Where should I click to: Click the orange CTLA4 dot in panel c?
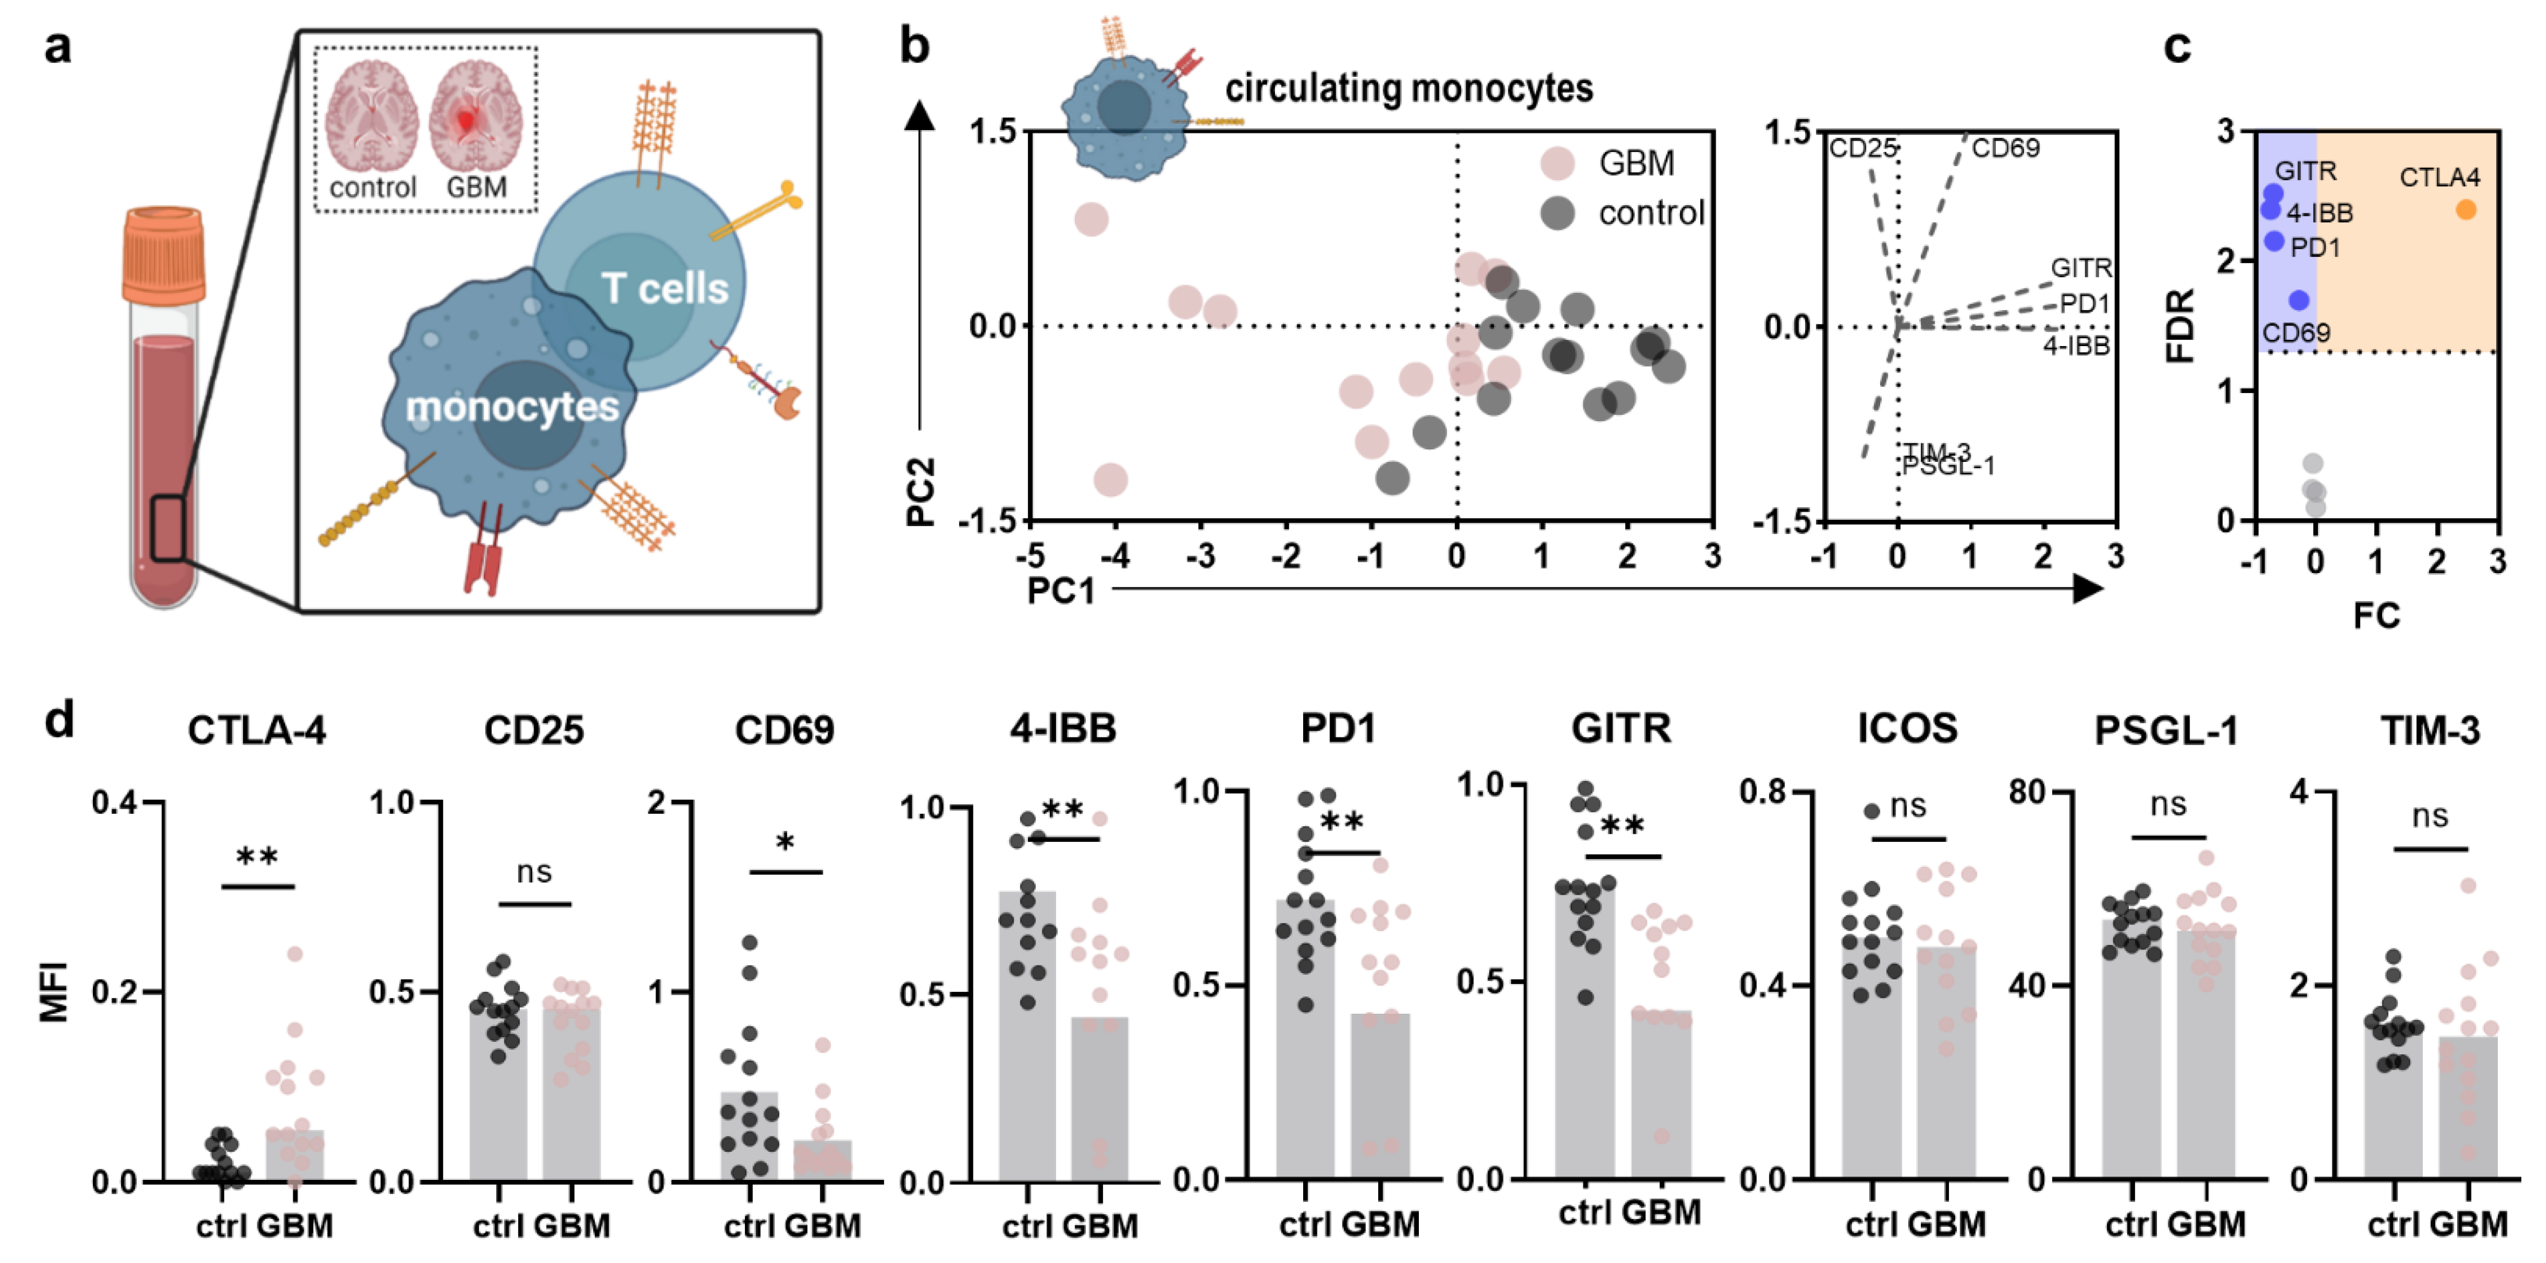(2466, 210)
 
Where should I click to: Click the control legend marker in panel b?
(1558, 213)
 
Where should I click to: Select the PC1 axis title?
(1061, 591)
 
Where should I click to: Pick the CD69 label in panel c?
(2296, 333)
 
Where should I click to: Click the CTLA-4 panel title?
(257, 730)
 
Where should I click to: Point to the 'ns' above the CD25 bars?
(533, 872)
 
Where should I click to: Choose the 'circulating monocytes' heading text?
(1409, 89)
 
